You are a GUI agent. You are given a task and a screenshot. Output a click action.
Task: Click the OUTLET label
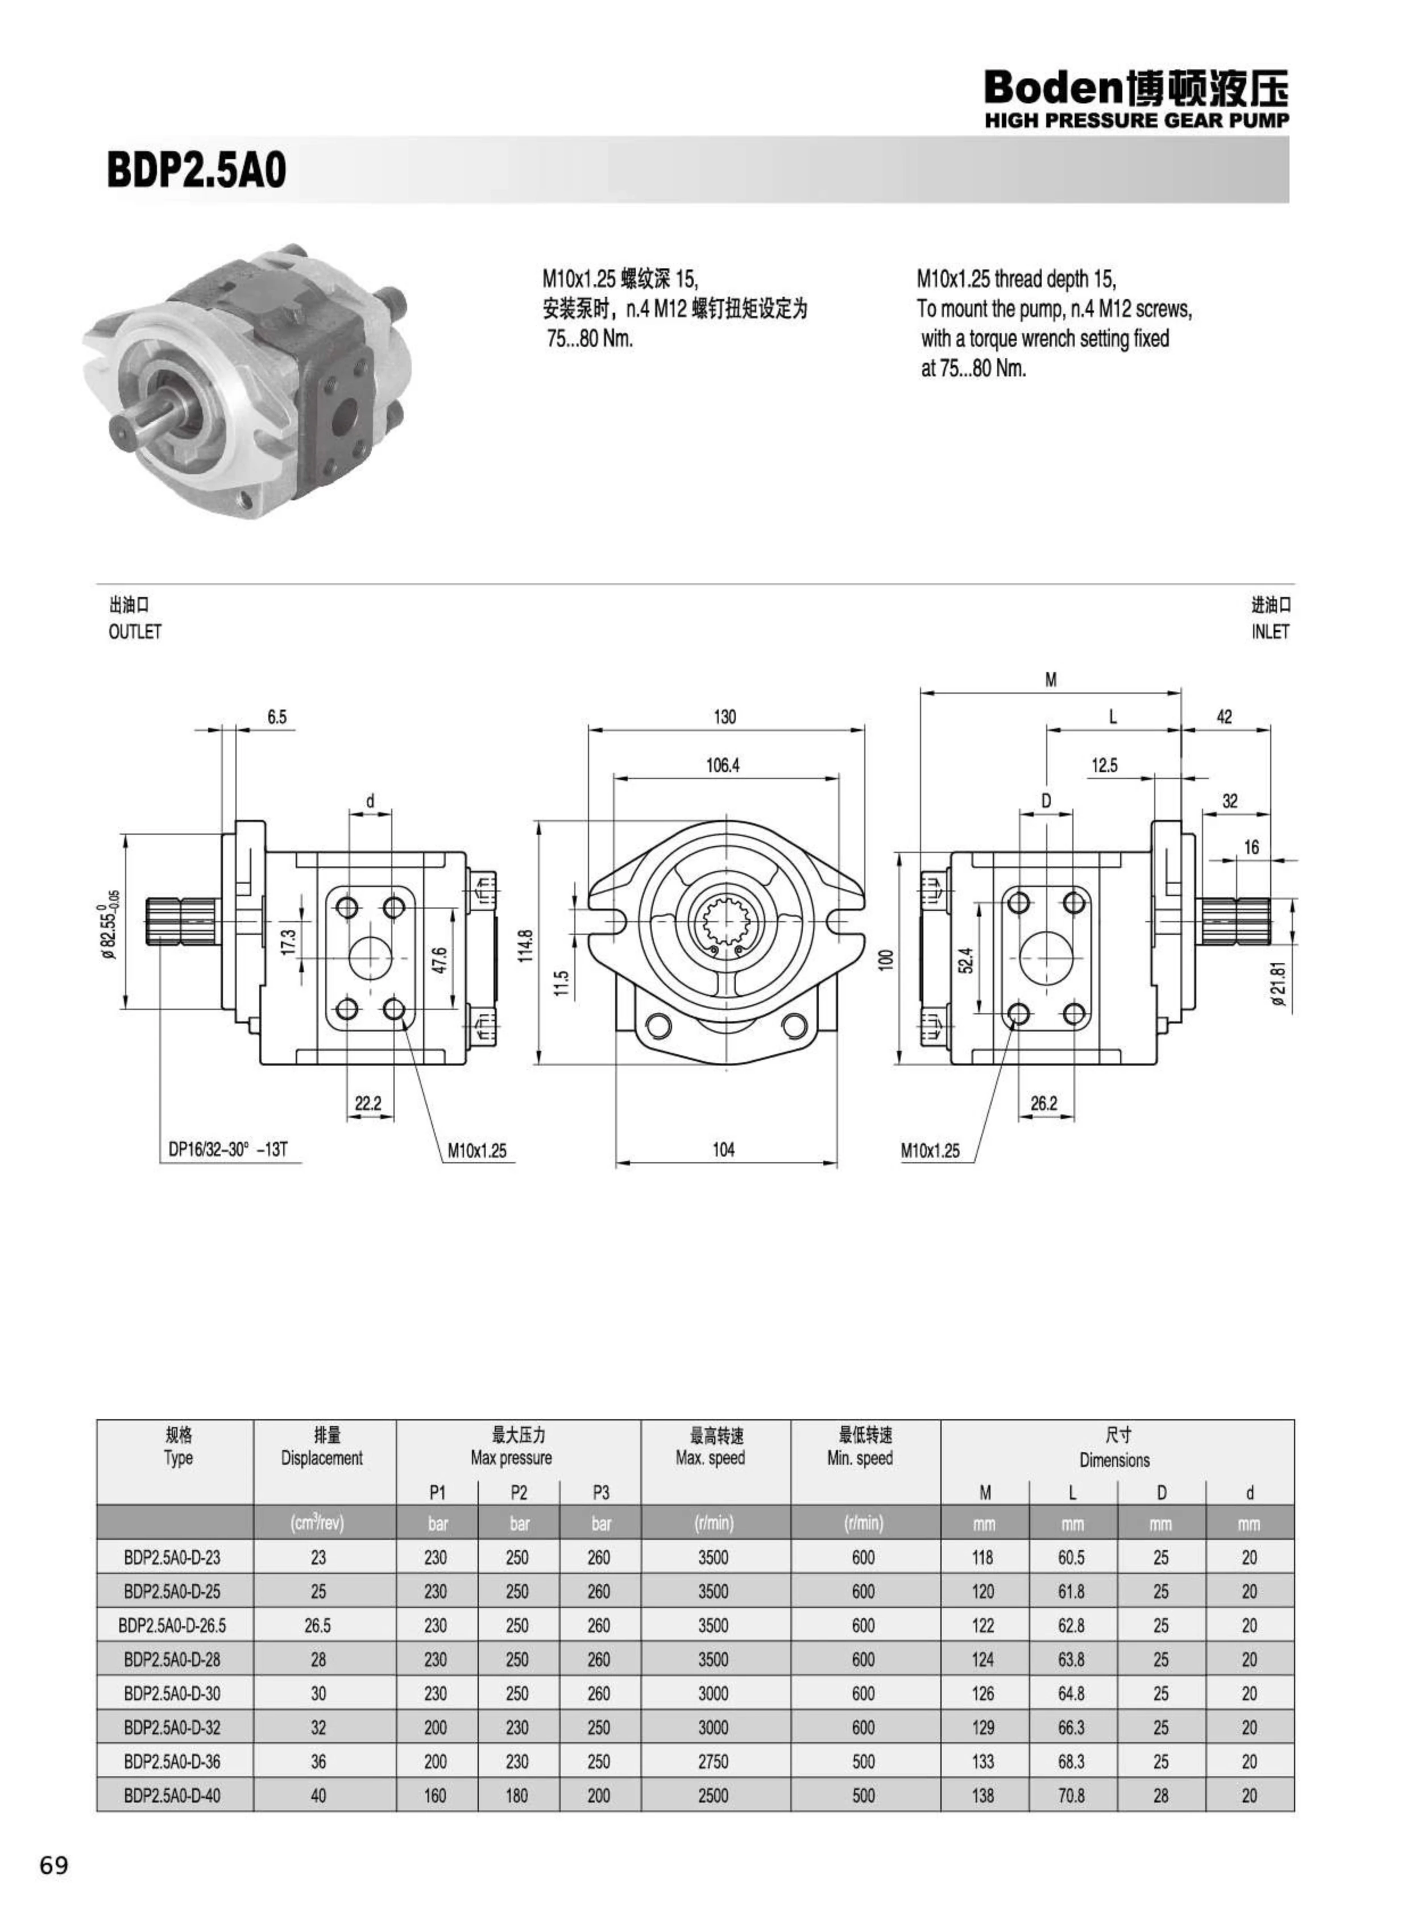coord(135,632)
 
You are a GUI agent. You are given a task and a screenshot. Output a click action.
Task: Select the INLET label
coord(1270,632)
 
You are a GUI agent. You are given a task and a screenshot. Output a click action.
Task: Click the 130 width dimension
coord(725,716)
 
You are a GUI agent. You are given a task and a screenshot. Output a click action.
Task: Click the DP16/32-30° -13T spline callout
coord(228,1150)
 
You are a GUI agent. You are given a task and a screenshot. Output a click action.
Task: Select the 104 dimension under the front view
coord(724,1150)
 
